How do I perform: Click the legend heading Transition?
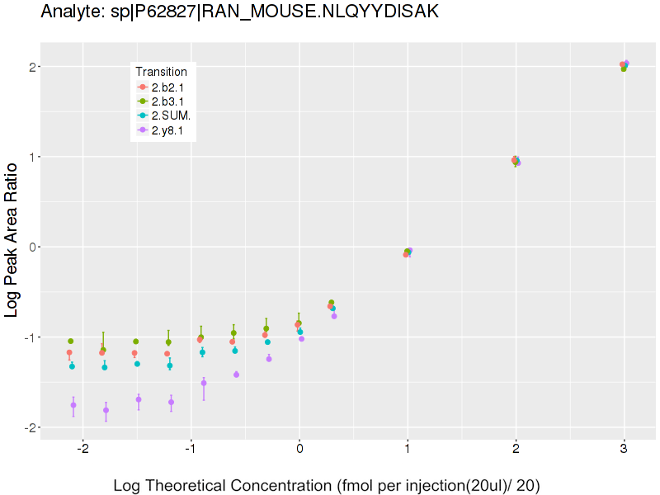(x=162, y=72)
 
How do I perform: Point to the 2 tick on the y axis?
(x=31, y=67)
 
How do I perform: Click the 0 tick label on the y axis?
(x=31, y=247)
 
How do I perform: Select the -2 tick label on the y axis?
(x=28, y=427)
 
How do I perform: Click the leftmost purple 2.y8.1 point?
(x=73, y=405)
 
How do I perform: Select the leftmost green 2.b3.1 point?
(x=71, y=341)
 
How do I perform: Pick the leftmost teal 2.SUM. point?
(x=72, y=366)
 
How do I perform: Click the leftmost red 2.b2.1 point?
(x=69, y=352)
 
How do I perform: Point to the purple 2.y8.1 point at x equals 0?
(x=301, y=338)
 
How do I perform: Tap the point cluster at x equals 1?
(x=408, y=252)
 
